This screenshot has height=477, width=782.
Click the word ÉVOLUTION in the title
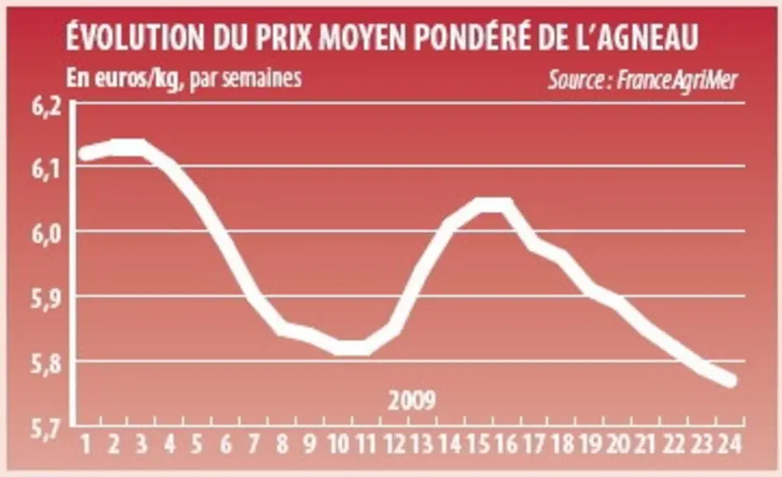point(135,36)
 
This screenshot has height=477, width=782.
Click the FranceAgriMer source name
point(677,79)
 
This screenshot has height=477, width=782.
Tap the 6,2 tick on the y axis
point(46,108)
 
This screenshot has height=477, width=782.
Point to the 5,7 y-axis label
point(46,429)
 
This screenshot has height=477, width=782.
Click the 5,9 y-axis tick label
point(46,300)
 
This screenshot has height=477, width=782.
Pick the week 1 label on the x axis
point(86,444)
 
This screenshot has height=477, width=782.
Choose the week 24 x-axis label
point(730,444)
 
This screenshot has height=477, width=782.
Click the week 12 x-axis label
point(395,444)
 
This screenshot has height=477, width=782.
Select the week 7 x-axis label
point(254,444)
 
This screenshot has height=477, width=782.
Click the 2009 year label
point(412,400)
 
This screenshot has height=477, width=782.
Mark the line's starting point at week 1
point(85,153)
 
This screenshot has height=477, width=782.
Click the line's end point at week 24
point(731,381)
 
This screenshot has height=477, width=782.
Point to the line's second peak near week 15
point(494,204)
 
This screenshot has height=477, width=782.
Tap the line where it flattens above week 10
point(352,348)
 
